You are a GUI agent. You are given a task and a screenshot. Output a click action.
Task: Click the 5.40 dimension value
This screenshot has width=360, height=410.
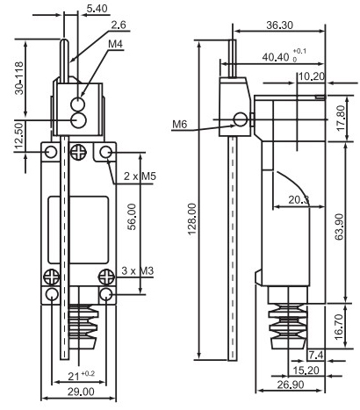[x=97, y=9]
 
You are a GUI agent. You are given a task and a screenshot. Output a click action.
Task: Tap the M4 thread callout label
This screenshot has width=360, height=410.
[x=115, y=44]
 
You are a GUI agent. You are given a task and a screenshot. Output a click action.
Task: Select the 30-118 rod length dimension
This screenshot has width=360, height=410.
[x=19, y=78]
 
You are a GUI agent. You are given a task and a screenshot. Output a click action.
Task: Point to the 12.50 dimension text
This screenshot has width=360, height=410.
[x=18, y=135]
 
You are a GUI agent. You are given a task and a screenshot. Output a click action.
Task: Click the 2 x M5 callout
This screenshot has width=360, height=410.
[x=140, y=176]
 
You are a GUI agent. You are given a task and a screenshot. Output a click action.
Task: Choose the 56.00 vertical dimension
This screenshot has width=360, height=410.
[x=132, y=217]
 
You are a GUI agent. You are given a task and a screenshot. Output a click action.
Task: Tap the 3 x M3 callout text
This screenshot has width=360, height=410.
[x=137, y=271]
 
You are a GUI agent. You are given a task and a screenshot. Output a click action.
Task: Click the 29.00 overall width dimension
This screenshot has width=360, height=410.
[x=81, y=392]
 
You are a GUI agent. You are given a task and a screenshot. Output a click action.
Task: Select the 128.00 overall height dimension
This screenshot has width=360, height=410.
[x=192, y=219]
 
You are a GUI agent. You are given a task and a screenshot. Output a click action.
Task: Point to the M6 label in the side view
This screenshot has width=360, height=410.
[x=179, y=125]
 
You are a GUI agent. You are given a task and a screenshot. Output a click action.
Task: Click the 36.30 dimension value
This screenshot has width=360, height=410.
[x=279, y=25]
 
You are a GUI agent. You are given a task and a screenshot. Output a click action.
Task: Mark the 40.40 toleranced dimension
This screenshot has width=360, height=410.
[x=284, y=56]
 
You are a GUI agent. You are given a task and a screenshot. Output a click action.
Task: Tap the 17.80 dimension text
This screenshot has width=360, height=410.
[x=341, y=119]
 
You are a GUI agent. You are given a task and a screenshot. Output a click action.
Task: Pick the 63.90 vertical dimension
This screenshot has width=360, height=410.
[x=340, y=227]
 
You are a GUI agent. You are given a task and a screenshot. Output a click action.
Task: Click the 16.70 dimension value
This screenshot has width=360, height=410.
[x=339, y=327]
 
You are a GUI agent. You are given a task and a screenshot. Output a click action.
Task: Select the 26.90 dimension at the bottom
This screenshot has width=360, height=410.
[x=291, y=385]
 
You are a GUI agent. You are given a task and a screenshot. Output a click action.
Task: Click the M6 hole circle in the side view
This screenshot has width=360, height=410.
[x=241, y=119]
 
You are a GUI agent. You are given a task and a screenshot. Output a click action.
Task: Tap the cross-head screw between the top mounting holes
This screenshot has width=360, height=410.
[x=79, y=152]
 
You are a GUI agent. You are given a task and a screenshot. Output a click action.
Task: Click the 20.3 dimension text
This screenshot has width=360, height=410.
[x=299, y=200]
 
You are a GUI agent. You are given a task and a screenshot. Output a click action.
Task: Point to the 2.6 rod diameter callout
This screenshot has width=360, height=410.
[x=119, y=25]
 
